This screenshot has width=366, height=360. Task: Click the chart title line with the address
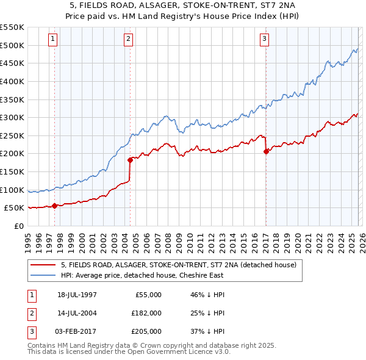(x=182, y=5)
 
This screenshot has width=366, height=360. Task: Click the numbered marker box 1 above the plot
(x=54, y=40)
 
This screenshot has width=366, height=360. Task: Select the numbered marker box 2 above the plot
(x=129, y=40)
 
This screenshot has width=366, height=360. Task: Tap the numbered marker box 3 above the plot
(x=265, y=40)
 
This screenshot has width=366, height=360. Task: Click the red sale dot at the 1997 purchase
(x=55, y=206)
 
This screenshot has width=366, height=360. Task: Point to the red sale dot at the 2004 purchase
(x=130, y=160)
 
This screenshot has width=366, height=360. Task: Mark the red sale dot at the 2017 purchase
(x=266, y=152)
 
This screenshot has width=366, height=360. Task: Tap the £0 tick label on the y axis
(x=18, y=226)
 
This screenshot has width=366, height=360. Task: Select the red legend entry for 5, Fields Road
(x=178, y=264)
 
